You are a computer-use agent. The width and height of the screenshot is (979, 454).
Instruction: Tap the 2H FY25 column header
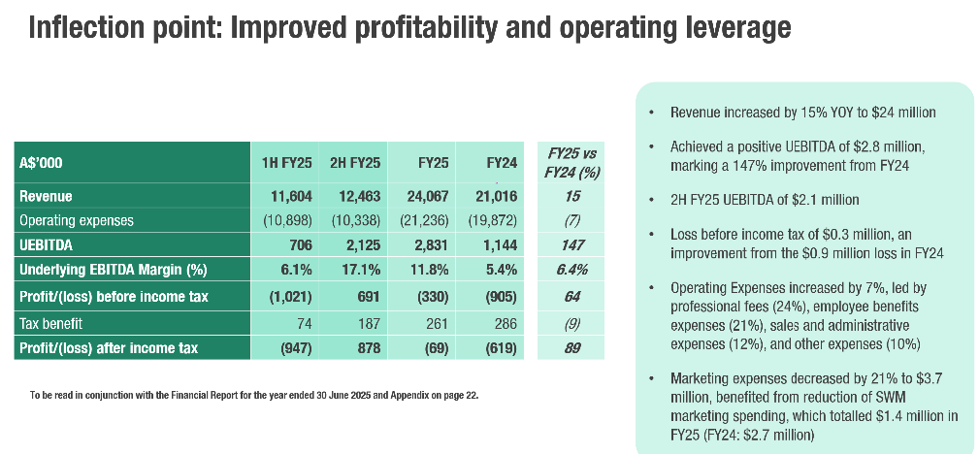pyautogui.click(x=354, y=162)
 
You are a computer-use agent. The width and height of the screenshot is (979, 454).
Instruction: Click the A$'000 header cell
pyautogui.click(x=42, y=163)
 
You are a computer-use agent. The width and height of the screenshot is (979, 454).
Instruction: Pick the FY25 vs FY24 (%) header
pyautogui.click(x=571, y=162)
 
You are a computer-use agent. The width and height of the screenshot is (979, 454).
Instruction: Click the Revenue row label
pyautogui.click(x=47, y=197)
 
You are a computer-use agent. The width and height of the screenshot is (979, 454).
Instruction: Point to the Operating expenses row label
pyautogui.click(x=77, y=220)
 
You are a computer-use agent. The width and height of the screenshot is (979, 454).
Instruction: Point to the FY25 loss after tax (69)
pyautogui.click(x=430, y=347)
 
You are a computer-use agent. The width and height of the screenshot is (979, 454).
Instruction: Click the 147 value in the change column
pyautogui.click(x=571, y=245)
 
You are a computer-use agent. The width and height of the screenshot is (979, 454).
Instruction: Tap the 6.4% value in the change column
pyautogui.click(x=571, y=270)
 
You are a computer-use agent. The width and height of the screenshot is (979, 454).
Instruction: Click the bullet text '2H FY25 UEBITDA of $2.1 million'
pyautogui.click(x=765, y=200)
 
